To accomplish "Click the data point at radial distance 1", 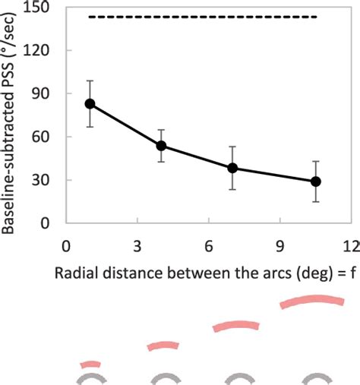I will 90,104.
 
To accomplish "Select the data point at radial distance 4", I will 161,146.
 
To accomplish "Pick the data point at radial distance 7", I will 232,168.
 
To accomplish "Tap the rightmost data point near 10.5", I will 316,181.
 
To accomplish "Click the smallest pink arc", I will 90,364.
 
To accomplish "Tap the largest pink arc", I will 316,302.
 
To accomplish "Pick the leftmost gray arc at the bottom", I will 90,378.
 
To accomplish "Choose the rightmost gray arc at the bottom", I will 316,378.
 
